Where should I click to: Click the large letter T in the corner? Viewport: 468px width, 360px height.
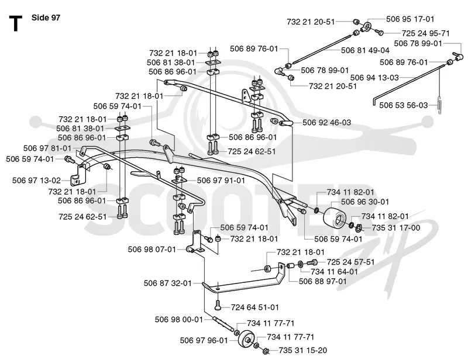(16, 24)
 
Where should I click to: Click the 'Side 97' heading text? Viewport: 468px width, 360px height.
(46, 18)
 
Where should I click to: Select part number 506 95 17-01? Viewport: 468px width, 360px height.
(410, 19)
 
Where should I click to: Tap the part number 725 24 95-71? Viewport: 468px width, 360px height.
(425, 33)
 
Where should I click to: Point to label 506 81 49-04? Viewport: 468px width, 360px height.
(365, 50)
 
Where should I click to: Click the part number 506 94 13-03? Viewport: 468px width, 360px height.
(374, 78)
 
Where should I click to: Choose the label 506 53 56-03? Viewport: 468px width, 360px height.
(404, 105)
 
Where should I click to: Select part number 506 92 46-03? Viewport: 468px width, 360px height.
(327, 123)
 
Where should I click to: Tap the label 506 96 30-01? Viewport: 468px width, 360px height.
(365, 202)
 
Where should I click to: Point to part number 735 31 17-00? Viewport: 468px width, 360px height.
(396, 228)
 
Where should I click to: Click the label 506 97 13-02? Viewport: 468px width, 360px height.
(36, 181)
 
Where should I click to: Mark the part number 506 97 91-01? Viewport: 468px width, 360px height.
(221, 181)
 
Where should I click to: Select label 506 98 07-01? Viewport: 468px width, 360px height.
(152, 250)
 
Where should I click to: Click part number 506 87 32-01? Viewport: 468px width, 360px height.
(168, 283)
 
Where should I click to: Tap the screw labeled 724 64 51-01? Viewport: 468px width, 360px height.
(218, 306)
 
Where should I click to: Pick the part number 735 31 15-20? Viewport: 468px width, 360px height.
(303, 350)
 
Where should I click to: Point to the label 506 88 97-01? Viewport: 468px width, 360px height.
(323, 281)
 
